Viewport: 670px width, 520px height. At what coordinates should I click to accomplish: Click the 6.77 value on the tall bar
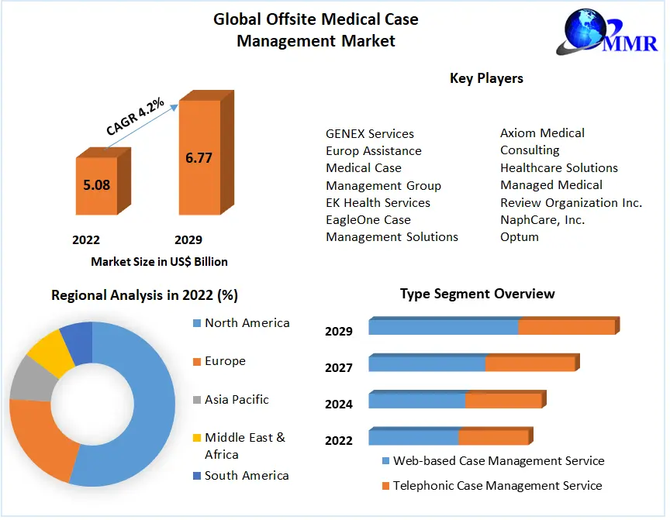199,158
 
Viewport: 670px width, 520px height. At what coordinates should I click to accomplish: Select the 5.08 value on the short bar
97,185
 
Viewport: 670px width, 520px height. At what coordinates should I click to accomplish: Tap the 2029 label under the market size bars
188,240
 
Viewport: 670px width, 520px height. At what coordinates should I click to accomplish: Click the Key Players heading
486,78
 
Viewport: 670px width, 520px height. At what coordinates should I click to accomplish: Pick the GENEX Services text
370,133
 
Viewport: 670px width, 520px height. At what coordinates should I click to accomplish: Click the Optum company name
520,236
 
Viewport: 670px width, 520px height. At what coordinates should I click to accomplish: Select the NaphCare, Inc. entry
543,219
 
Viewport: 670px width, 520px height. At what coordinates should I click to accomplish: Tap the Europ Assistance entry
374,150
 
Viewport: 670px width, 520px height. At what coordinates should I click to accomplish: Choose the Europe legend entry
224,361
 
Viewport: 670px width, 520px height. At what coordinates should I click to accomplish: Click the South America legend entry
246,476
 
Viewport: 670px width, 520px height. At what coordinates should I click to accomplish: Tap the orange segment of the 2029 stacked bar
566,327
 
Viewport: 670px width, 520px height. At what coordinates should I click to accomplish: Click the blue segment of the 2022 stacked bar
413,438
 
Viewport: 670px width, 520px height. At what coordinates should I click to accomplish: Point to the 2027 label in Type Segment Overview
339,367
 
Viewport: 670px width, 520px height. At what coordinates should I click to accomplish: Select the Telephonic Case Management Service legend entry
497,486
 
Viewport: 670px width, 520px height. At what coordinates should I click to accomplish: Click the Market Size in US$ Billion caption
159,262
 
